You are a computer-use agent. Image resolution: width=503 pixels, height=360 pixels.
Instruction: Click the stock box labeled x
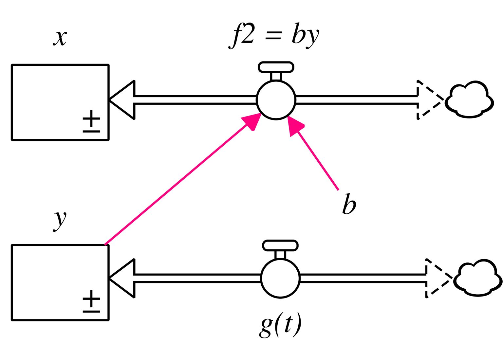60,102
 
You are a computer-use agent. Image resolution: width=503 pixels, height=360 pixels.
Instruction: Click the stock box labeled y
60,282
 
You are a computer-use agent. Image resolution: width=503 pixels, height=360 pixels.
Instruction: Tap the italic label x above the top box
60,37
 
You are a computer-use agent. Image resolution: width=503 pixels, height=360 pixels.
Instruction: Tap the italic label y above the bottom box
60,220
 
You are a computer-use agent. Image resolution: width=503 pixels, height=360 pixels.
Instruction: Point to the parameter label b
349,205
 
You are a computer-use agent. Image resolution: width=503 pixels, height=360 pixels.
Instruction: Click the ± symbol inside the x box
91,121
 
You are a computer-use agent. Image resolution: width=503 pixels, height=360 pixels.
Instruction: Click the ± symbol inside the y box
91,301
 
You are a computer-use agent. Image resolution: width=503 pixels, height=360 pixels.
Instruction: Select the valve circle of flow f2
276,100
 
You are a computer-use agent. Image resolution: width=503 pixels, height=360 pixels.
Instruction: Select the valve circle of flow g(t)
280,279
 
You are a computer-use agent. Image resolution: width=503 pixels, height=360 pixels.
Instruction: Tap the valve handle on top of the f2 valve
276,67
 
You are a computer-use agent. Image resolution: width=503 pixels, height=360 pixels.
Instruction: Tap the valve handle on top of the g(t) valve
280,245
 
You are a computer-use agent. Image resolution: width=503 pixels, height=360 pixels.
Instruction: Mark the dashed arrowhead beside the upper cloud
427,100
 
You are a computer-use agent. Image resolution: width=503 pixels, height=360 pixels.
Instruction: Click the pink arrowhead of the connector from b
295,125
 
